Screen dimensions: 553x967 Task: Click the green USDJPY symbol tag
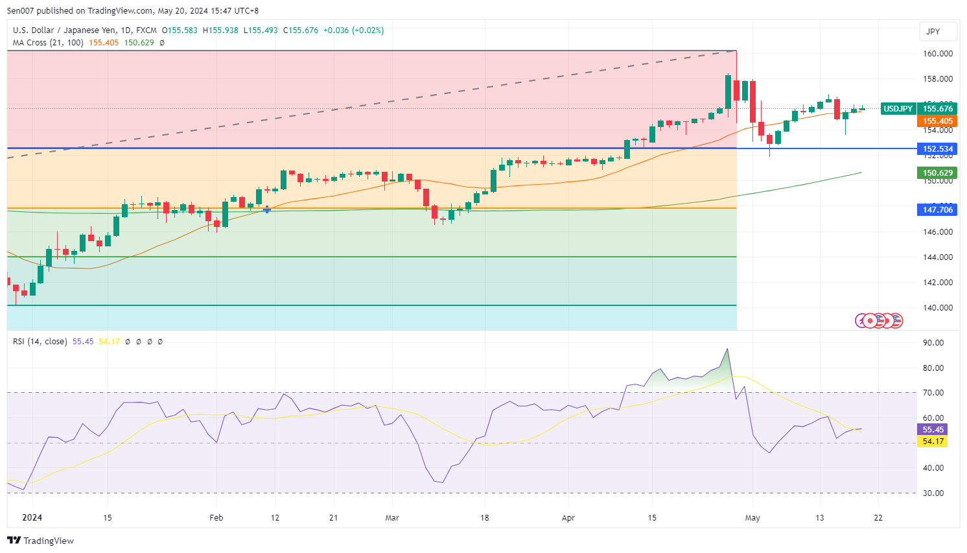tap(898, 109)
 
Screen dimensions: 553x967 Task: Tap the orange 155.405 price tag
tap(937, 121)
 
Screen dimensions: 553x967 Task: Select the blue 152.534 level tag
tap(937, 149)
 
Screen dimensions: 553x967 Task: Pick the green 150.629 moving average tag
tap(937, 173)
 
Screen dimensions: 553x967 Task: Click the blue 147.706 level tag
tap(937, 210)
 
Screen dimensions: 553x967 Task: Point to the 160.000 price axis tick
tap(937, 54)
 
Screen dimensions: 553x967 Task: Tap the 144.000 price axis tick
tap(937, 257)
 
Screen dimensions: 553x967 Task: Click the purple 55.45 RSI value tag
tap(933, 430)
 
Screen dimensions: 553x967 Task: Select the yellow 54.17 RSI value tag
tap(933, 441)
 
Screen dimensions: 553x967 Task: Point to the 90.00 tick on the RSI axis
tap(933, 343)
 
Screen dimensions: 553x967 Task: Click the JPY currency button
tap(933, 31)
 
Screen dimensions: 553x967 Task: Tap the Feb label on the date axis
tap(216, 518)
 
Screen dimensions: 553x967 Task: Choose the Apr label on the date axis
tap(568, 518)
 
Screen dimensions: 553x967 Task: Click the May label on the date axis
tap(752, 518)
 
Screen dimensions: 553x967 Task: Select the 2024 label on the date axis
tap(32, 517)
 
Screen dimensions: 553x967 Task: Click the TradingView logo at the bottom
tap(41, 541)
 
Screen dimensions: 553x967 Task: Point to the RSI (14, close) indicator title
tap(40, 342)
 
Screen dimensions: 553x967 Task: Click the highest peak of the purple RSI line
tap(728, 349)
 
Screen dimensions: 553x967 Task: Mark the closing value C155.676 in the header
tap(301, 30)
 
